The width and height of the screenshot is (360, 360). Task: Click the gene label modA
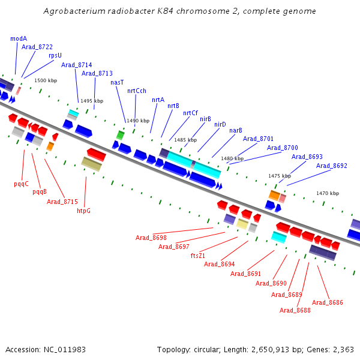coord(19,38)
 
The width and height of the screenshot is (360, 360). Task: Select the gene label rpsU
coord(55,55)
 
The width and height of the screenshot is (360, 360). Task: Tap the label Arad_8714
coord(76,65)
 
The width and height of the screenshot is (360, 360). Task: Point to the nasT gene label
coord(117,82)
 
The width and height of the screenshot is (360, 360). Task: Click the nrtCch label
coord(137,91)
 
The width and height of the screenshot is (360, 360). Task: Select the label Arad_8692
coord(331,166)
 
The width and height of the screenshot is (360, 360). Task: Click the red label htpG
coord(84,211)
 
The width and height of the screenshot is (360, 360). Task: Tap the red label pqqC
coord(22,184)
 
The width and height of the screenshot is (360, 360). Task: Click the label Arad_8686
coord(328,302)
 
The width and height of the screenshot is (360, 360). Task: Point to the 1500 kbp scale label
coord(46,80)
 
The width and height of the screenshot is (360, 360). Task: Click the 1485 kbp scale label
coord(185,140)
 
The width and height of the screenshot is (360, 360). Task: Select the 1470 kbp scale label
coord(328,193)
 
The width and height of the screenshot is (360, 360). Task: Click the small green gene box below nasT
coord(120,136)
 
